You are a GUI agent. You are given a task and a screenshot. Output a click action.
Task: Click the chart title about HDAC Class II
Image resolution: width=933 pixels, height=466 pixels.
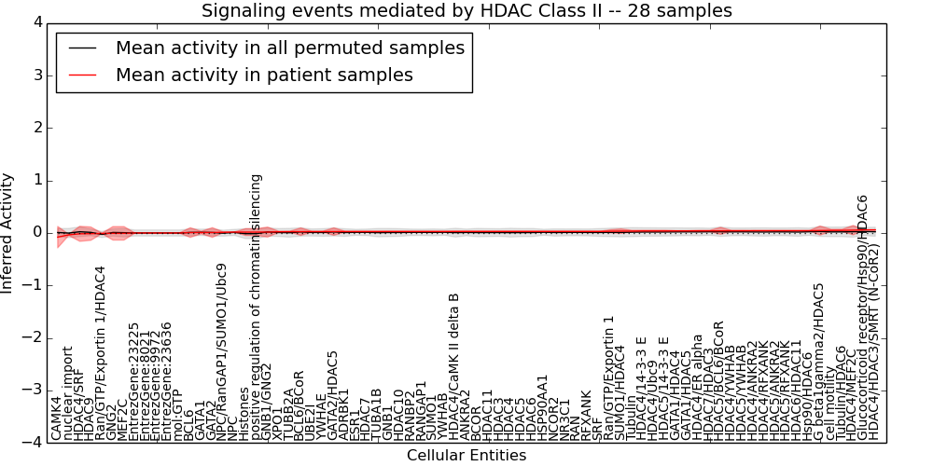coord(466,10)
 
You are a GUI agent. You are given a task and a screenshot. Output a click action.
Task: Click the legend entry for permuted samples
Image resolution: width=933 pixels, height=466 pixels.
coord(289,48)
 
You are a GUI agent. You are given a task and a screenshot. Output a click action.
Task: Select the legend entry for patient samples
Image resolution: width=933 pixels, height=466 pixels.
coord(263,75)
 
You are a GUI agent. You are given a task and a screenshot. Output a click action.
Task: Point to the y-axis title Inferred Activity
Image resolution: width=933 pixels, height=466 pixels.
coord(8,232)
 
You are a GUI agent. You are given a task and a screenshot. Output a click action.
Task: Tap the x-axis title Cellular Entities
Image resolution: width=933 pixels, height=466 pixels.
coord(466,456)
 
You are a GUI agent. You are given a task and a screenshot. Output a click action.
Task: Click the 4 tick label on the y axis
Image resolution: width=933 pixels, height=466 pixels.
coord(38,22)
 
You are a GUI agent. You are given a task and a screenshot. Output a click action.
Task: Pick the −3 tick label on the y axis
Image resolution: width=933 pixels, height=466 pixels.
coord(35,391)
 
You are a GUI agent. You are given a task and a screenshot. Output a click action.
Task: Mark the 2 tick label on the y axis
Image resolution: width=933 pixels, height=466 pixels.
coord(38,128)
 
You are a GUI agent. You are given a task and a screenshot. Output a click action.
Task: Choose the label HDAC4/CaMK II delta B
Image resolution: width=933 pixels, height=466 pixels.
coord(453,366)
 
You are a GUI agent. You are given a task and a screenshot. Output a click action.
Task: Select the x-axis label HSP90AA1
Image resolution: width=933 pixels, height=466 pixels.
coord(542,407)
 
